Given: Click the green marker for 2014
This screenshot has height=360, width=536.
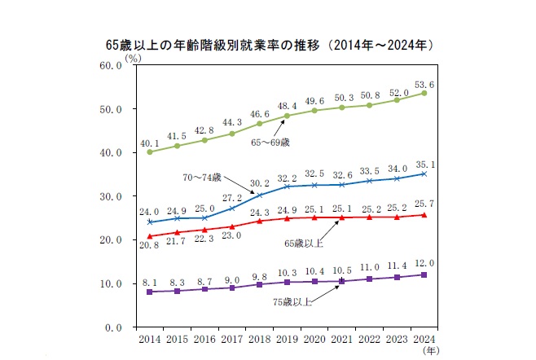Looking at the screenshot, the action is coord(150,151).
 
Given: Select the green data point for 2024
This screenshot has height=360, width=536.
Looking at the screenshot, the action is coord(424,93).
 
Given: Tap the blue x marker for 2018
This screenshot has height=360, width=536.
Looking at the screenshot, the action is coord(260,195).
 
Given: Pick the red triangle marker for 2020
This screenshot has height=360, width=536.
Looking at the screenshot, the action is coord(314,217).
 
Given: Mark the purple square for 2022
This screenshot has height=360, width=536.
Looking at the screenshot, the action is coord(369,279).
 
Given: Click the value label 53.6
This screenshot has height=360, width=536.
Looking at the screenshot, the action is coord(424,85).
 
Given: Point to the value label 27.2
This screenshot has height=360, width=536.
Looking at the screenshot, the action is coord(232,198).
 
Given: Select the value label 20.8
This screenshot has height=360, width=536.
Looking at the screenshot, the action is coord(149,244).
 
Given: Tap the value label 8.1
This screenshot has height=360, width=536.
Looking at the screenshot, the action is coord(150,283).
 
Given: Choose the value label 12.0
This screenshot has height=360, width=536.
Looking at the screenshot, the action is coord(424,263).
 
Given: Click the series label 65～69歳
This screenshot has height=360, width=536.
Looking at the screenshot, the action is coord(270,143).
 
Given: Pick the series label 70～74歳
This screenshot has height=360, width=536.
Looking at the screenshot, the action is coord(202,178).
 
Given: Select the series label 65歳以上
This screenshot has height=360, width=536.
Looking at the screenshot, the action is coord(304,244).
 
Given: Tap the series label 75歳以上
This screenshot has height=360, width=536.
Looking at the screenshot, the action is coord(292,302).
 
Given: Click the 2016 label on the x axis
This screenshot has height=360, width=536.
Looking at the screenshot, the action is coord(204,339).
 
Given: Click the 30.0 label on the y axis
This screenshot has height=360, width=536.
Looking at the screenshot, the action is coord(111,196).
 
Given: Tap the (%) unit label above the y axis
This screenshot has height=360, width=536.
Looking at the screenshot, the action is coord(133,59).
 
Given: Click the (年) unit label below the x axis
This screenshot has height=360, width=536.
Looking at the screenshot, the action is coord(431,350).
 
